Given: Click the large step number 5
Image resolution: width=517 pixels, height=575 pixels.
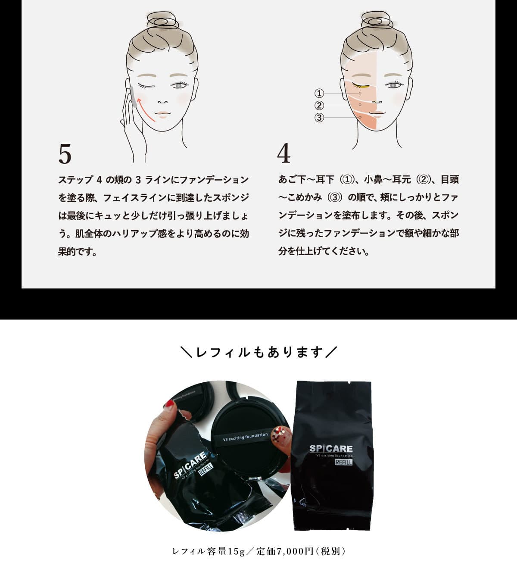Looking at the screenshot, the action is coord(65,154).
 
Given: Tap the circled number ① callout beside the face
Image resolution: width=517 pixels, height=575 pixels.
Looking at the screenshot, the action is coord(319,93).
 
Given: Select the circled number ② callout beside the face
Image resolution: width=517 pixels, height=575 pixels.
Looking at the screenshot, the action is coord(319,106).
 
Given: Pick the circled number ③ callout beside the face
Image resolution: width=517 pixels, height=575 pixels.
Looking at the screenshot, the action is coord(319,118).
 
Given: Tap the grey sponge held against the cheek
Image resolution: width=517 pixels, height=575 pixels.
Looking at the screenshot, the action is coord(133,97).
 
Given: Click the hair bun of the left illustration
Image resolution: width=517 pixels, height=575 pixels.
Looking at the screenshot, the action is coord(162,21).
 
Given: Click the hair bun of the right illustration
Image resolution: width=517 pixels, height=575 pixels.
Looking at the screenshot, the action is coord(377,21).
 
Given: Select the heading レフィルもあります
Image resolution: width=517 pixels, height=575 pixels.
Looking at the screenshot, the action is coord(259,352).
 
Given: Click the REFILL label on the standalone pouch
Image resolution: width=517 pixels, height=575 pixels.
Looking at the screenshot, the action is coord(343,462).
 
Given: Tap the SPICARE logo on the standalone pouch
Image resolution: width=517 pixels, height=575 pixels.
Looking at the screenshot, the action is coord(331,449).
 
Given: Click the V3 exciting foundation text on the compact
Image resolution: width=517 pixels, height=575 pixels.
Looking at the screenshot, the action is coord(245,437).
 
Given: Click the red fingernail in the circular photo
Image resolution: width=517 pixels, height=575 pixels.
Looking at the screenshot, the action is coord(170,404).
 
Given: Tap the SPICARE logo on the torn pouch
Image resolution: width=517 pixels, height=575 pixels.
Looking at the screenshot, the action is coord(190,465).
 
